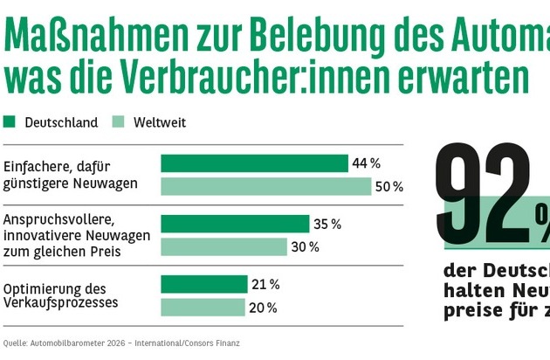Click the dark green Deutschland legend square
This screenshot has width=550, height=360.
pyautogui.click(x=10, y=122)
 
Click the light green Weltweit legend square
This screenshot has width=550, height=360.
pyautogui.click(x=120, y=122)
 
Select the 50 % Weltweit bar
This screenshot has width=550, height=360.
pyautogui.click(x=266, y=186)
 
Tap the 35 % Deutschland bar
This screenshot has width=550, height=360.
pyautogui.click(x=235, y=224)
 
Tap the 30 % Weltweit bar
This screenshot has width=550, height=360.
pyautogui.click(x=223, y=246)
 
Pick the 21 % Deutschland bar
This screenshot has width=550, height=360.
pyautogui.click(x=204, y=284)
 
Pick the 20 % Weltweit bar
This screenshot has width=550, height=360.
pyautogui.click(x=203, y=307)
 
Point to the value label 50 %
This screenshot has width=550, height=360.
pyautogui.click(x=388, y=186)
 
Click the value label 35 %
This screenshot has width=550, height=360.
pyautogui.click(x=327, y=224)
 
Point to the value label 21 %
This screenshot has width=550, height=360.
pyautogui.click(x=265, y=284)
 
